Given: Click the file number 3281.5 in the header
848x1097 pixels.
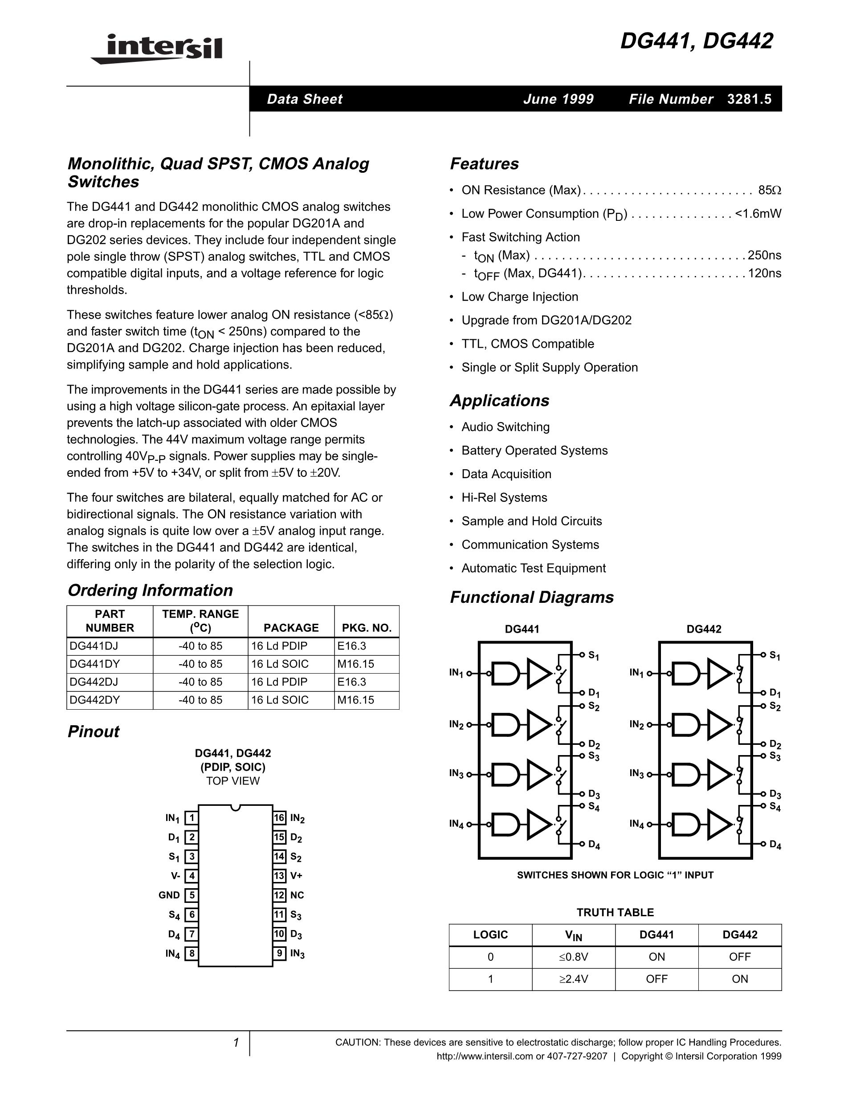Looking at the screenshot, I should [x=749, y=99].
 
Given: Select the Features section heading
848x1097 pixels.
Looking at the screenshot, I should [x=484, y=164].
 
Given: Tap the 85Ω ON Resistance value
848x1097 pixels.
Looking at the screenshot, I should [x=769, y=191].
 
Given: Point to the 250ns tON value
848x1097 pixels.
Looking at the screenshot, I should [x=764, y=255].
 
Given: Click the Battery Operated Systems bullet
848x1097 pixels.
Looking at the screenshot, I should [x=534, y=451].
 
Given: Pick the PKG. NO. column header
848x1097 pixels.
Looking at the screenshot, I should [x=366, y=628].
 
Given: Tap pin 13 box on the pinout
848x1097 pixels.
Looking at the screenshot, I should [x=279, y=875].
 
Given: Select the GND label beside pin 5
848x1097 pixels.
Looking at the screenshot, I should [x=169, y=895].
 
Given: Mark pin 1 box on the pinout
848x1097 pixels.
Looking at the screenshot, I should [x=192, y=818].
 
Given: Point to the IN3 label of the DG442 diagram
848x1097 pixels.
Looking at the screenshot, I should [x=636, y=773].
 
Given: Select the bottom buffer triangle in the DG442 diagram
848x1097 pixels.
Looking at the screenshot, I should [x=719, y=825].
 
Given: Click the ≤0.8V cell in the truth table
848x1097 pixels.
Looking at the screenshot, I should [x=573, y=957].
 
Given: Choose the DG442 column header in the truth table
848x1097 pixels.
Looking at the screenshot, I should [x=739, y=935].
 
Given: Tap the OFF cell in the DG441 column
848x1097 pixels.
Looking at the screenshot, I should [x=656, y=979].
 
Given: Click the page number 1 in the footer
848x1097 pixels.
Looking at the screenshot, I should [x=236, y=1043].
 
